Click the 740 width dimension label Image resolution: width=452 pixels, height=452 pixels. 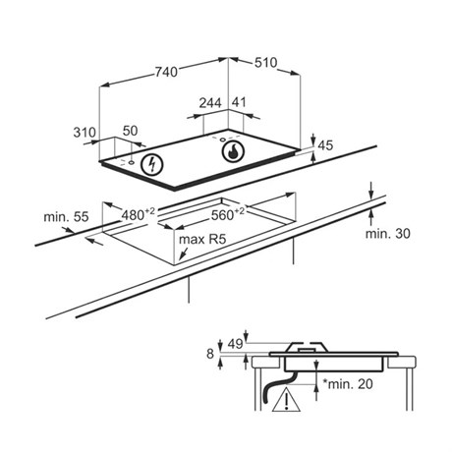coord(166,72)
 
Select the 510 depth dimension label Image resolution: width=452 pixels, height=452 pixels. coord(266,63)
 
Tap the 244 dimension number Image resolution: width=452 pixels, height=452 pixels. coord(210,103)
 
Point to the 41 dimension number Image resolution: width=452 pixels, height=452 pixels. coord(239,102)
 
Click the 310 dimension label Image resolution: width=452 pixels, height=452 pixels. coord(85,133)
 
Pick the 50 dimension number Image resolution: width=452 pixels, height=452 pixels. coord(130,131)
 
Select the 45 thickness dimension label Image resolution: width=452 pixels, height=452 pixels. coord(325,145)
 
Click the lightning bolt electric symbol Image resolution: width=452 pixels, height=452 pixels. coord(152,164)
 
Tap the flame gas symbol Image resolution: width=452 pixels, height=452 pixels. coord(233,151)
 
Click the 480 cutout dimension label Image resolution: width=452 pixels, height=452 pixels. coord(139,214)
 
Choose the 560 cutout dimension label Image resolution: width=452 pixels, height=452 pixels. coord(228,214)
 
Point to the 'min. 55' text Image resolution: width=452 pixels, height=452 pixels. coord(66,216)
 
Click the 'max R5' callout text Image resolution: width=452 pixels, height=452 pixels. coord(202,240)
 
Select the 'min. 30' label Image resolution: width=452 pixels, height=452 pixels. coord(388,234)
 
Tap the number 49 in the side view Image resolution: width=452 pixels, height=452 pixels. coord(235,344)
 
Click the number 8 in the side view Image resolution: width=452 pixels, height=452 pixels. coord(210,354)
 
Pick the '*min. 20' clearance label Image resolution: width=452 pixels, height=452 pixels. coord(348,384)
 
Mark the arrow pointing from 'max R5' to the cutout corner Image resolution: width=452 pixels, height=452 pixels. coord(184,254)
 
